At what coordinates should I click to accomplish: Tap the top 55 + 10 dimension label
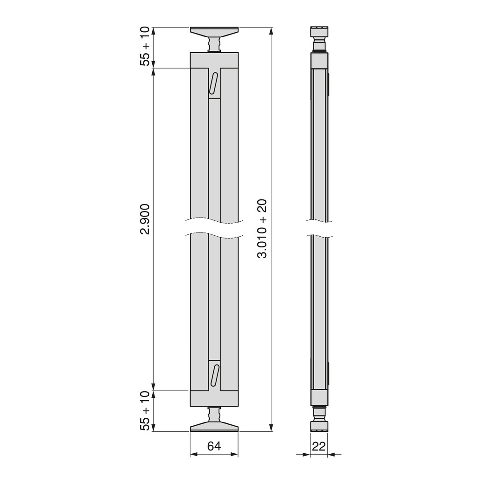[x=145, y=46]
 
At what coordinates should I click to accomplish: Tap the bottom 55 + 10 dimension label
[x=145, y=411]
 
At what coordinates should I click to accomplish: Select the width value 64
[x=214, y=446]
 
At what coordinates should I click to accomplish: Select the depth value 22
[x=319, y=446]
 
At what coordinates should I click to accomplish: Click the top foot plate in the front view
[x=214, y=32]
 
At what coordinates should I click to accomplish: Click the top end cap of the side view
[x=319, y=33]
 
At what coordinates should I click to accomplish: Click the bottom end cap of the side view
[x=319, y=426]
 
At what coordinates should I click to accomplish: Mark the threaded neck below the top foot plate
[x=214, y=45]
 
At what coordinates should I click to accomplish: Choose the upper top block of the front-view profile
[x=214, y=60]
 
